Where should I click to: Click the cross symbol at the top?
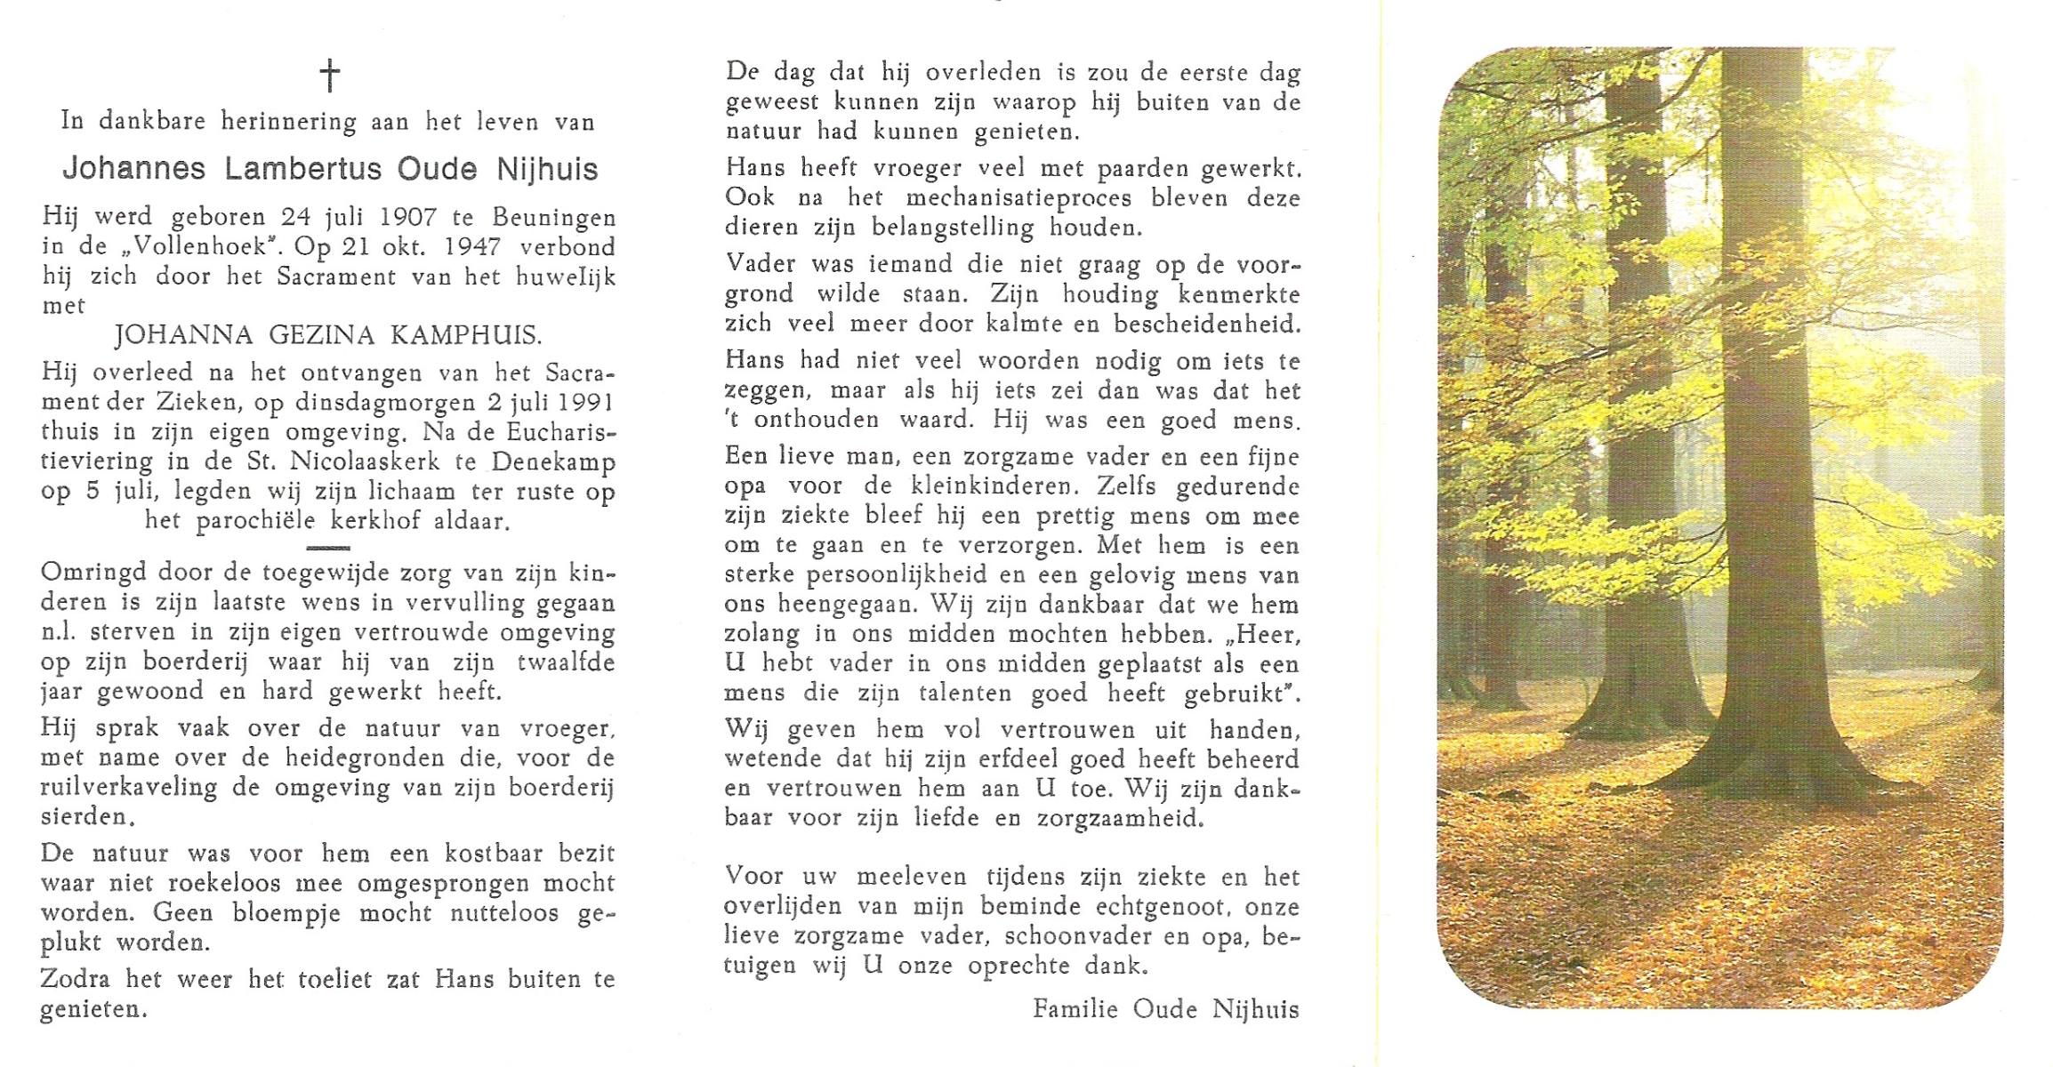(x=330, y=76)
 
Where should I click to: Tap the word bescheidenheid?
(x=1206, y=325)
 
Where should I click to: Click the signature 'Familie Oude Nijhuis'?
(x=1165, y=1009)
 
